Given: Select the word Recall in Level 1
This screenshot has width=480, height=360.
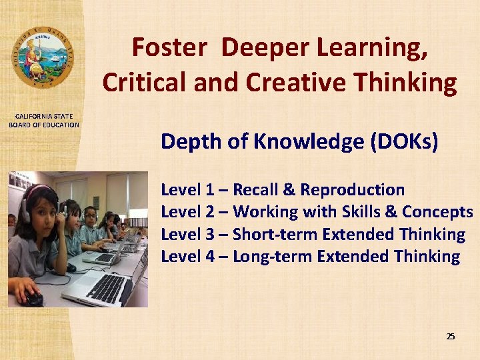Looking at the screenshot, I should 257,190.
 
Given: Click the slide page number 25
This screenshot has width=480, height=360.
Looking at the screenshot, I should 450,337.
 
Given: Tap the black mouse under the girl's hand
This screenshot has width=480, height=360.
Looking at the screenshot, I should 34,299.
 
